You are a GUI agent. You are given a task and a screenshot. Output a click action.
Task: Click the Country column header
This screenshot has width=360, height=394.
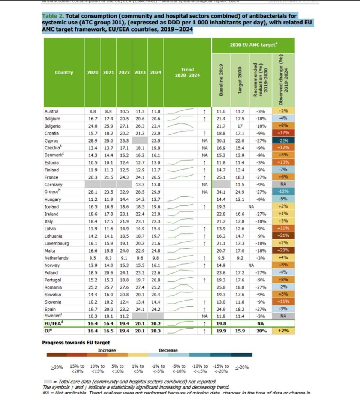click(64, 72)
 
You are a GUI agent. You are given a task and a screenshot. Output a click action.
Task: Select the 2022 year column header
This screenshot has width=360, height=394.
click(124, 72)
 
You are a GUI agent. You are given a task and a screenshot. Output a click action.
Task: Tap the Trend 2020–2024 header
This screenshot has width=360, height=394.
click(187, 72)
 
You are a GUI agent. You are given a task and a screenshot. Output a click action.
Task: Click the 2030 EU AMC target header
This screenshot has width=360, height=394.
click(253, 45)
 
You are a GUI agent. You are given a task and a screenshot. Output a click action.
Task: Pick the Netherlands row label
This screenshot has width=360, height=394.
click(56, 258)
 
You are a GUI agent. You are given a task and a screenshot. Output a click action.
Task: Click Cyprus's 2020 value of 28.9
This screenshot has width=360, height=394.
click(93, 141)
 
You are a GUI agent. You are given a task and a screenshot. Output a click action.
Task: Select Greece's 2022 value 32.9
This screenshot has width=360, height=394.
click(124, 192)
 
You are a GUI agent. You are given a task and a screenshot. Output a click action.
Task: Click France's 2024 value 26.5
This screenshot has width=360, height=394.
click(155, 177)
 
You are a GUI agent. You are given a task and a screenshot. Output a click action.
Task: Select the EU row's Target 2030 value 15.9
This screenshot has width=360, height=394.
click(240, 331)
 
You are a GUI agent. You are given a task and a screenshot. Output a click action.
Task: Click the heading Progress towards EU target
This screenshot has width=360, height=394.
click(76, 343)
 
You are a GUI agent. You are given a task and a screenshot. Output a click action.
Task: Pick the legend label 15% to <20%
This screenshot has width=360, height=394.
click(77, 369)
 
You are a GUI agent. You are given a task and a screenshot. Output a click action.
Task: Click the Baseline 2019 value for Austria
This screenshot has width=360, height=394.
click(221, 111)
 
